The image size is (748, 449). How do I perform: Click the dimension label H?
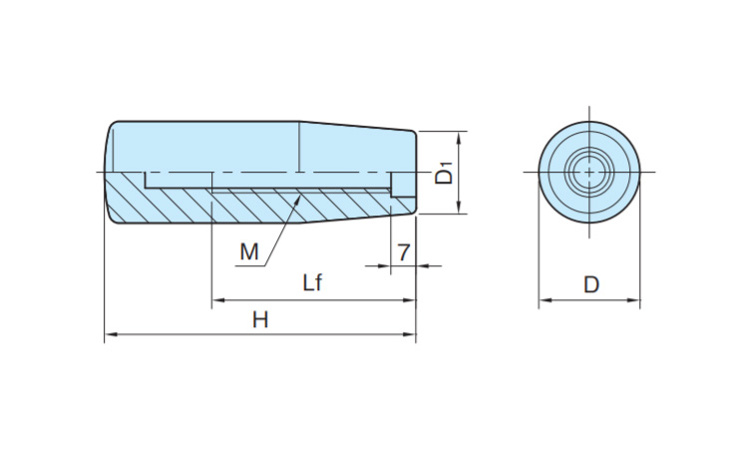(259, 319)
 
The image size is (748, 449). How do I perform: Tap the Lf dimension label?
(312, 283)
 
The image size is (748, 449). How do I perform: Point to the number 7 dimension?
(403, 252)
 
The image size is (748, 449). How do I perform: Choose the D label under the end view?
(591, 285)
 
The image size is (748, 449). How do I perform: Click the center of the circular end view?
(589, 172)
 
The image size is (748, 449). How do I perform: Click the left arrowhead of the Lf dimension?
(216, 299)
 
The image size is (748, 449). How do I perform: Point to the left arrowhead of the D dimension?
(545, 299)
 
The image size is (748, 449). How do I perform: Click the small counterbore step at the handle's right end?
(402, 184)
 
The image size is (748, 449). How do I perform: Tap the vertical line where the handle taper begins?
(299, 146)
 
